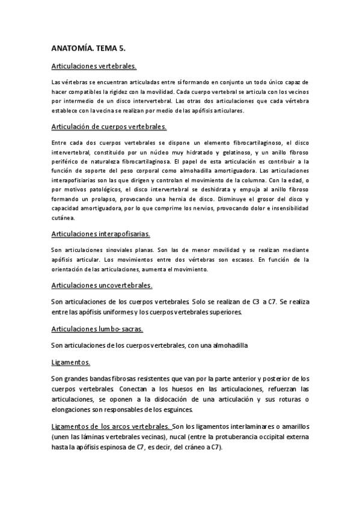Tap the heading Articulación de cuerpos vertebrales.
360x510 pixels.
pyautogui.click(x=109, y=127)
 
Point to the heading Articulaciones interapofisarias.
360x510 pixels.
pyautogui.click(x=101, y=233)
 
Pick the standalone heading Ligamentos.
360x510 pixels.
pyautogui.click(x=71, y=363)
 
